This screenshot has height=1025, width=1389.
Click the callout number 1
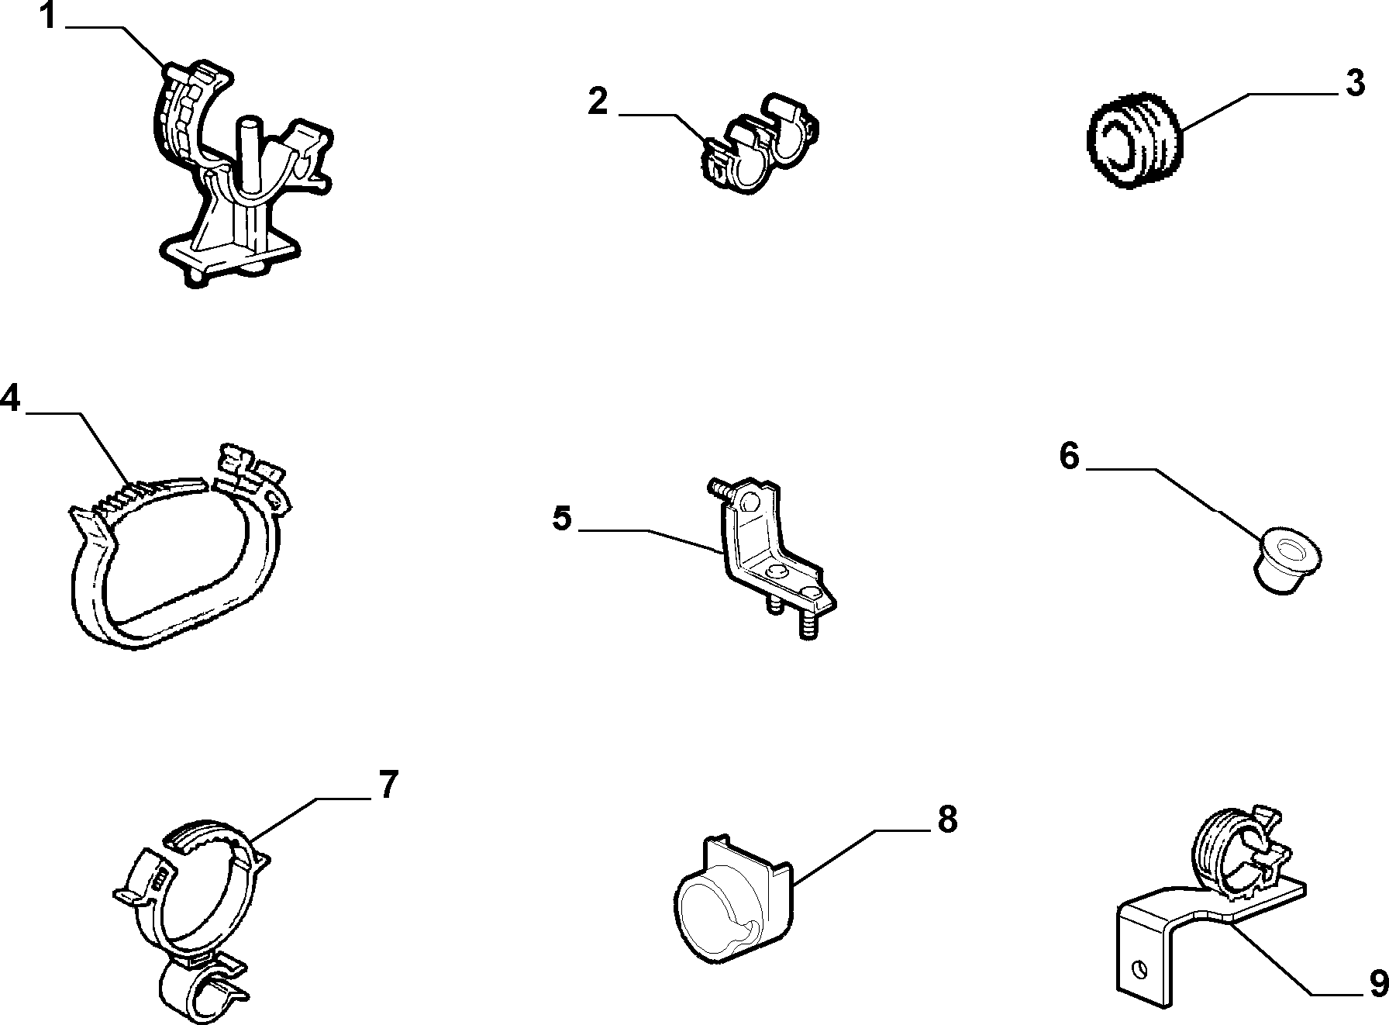pos(47,16)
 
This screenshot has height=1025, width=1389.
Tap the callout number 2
pos(598,102)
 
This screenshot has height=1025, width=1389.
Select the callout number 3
pos(1355,83)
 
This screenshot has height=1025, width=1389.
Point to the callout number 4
pos(10,399)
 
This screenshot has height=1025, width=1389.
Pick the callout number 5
pos(562,518)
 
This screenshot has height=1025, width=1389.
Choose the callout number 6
pos(1069,457)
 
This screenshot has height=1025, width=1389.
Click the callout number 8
pos(947,819)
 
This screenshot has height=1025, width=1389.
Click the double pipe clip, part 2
pos(760,143)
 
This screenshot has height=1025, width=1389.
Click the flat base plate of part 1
pos(229,255)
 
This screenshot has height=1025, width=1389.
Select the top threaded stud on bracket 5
pos(719,491)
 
